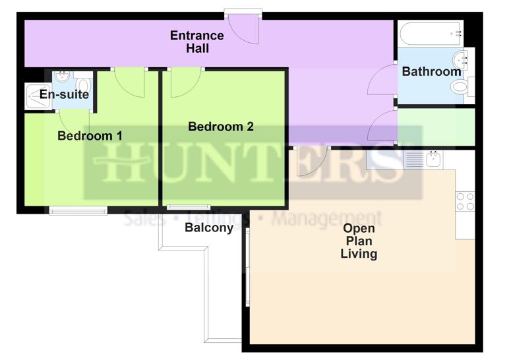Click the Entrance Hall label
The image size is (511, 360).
coord(196,42)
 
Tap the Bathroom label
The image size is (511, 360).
coord(431,71)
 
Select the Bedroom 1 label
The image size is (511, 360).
coord(90,136)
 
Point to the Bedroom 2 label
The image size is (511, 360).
coord(221,127)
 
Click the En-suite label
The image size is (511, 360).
coord(64,95)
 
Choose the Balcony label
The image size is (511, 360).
coord(208,228)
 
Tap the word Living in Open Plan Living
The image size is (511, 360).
coord(359,254)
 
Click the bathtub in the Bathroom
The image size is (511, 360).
coord(429,32)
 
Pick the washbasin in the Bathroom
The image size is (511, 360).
coord(461,59)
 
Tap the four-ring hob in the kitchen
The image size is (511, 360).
coord(465,200)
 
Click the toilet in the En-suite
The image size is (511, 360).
coord(83,84)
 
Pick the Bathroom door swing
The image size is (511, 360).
coord(383,82)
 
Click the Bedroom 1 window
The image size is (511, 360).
coord(78,211)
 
